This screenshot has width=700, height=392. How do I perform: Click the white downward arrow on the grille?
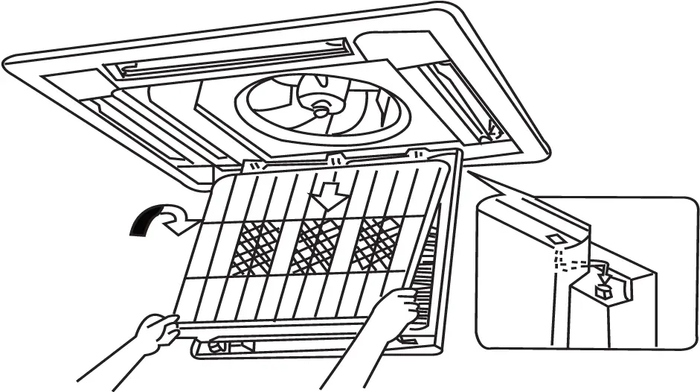point(327,195)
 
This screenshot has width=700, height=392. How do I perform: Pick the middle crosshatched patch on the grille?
point(317,245)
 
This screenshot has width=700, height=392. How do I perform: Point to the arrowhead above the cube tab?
point(606,275)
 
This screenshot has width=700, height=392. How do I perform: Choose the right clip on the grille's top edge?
point(419,155)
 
